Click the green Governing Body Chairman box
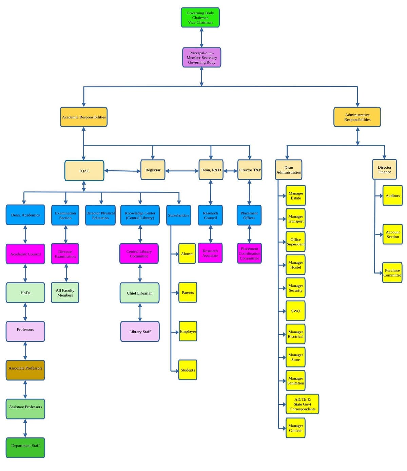point(200,18)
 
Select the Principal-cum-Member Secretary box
point(201,58)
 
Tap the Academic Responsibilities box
point(84,117)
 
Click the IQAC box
point(84,171)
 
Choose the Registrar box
point(153,170)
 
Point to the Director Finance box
point(384,170)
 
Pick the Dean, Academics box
point(25,215)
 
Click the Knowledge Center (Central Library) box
point(140,215)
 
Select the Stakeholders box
point(178,215)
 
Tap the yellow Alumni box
point(187,254)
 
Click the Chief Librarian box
point(139,293)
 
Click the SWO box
point(295,311)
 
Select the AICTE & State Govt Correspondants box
point(302,404)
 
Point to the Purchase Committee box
point(392,273)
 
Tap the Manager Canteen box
point(295,428)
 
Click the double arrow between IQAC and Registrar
point(122,171)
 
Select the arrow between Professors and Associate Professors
point(25,351)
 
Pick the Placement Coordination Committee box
point(249,253)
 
